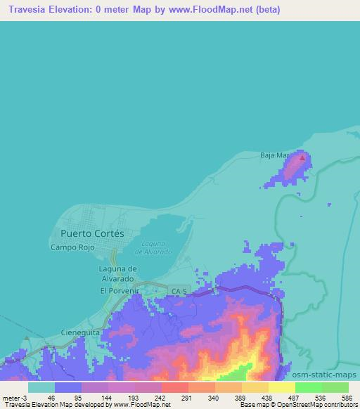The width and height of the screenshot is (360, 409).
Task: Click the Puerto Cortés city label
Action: coord(92,233)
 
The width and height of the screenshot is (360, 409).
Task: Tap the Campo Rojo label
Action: coord(72,247)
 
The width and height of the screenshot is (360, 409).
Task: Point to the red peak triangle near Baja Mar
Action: coord(302,158)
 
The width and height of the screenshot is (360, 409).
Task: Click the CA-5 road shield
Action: coord(176,290)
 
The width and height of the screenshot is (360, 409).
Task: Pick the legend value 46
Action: coord(51,397)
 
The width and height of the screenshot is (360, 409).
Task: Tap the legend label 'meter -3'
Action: coord(15,397)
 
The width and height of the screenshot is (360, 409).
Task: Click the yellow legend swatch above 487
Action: coord(281,387)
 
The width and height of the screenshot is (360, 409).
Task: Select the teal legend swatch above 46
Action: coord(41,387)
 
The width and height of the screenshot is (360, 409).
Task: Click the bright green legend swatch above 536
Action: coord(308,387)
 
